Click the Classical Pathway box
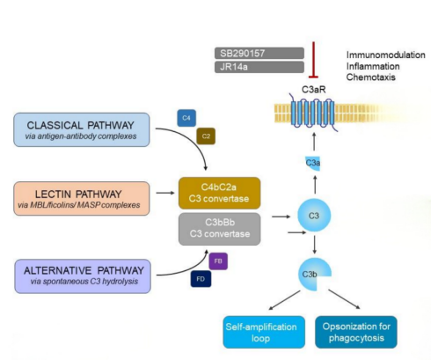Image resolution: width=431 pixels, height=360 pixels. tap(82, 129)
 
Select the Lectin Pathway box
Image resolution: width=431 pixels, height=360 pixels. tap(82, 199)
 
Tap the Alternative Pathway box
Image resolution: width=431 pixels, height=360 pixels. tap(83, 276)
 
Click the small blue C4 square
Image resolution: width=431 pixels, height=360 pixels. tap(186, 118)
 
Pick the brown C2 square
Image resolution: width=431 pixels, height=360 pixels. tap(206, 136)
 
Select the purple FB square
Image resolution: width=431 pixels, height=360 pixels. tap(218, 261)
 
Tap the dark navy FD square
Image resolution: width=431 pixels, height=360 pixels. tap(201, 279)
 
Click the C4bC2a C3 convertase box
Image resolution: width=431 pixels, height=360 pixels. tap(220, 193)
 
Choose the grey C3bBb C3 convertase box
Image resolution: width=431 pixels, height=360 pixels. tap(220, 229)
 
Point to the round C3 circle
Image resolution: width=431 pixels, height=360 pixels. tap(314, 216)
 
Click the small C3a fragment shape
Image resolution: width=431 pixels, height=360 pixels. tap(313, 163)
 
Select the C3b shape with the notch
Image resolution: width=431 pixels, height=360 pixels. tap(310, 275)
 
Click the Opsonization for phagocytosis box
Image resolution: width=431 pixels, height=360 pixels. tap(356, 332)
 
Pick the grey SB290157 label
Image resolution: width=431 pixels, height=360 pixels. tap(259, 53)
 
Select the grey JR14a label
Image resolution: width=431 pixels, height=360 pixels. tap(259, 67)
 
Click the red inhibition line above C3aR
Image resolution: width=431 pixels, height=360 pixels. tap(313, 60)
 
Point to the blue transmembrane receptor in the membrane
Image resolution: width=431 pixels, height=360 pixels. tap(313, 113)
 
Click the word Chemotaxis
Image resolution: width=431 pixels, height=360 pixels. tap(371, 77)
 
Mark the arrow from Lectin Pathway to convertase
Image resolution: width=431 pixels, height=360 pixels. tap(165, 193)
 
